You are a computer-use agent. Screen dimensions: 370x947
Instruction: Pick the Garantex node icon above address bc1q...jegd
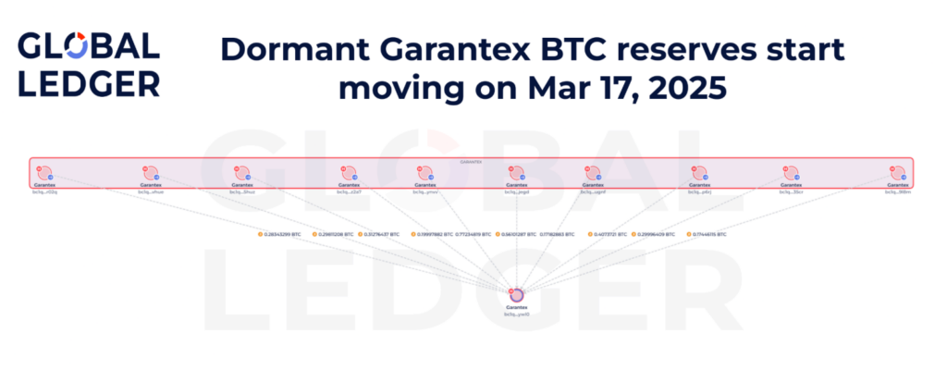tap(516, 173)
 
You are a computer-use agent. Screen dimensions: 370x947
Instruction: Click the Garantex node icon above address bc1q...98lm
tap(896, 173)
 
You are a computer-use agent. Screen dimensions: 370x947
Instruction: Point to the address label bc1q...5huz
tap(243, 191)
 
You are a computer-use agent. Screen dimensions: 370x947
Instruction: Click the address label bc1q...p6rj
tap(700, 191)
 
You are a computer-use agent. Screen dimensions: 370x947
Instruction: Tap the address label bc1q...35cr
tap(792, 191)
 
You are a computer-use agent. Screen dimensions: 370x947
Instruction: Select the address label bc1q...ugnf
tap(594, 191)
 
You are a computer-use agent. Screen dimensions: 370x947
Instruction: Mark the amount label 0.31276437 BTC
tap(381, 235)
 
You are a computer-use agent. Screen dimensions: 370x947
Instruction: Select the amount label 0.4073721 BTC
tap(613, 235)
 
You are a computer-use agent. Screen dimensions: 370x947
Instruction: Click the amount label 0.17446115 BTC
tap(709, 235)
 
